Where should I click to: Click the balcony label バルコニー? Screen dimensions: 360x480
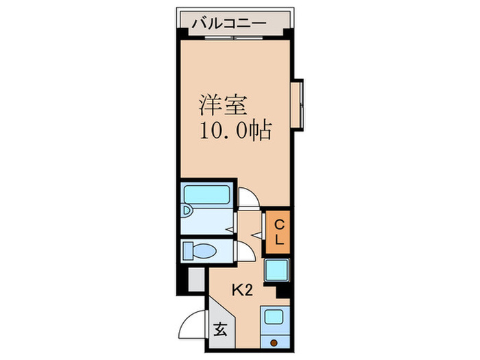(x=228, y=23)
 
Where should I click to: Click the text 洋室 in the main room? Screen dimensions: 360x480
(x=218, y=106)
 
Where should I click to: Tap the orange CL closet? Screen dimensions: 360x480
(x=278, y=231)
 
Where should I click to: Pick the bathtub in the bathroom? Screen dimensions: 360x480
(x=208, y=195)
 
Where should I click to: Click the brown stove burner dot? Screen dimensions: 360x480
(x=274, y=342)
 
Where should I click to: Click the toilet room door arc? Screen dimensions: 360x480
(x=243, y=252)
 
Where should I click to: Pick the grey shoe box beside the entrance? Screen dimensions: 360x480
(x=195, y=279)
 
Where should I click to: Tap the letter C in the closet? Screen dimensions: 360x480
(x=278, y=224)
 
